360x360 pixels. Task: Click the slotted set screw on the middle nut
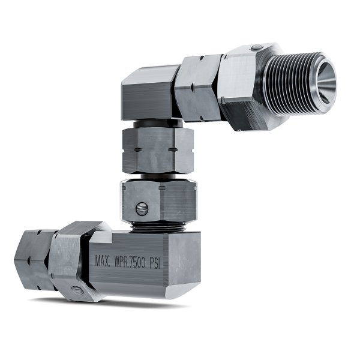pos(142,209)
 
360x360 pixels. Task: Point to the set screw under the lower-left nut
pos(77,292)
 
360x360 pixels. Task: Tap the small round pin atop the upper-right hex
pos(256,48)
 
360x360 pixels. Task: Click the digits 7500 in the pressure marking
pos(146,261)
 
